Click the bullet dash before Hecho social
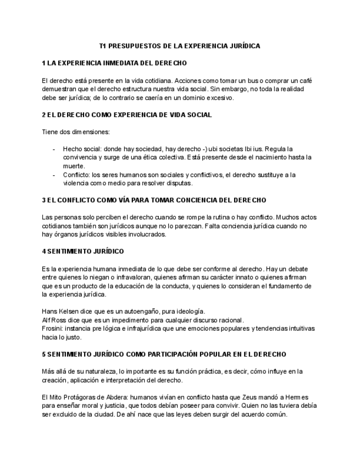(x=53, y=149)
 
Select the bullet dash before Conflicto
(x=53, y=175)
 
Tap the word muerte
(x=74, y=166)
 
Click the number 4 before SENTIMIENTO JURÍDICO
(x=44, y=251)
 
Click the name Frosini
(x=52, y=328)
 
